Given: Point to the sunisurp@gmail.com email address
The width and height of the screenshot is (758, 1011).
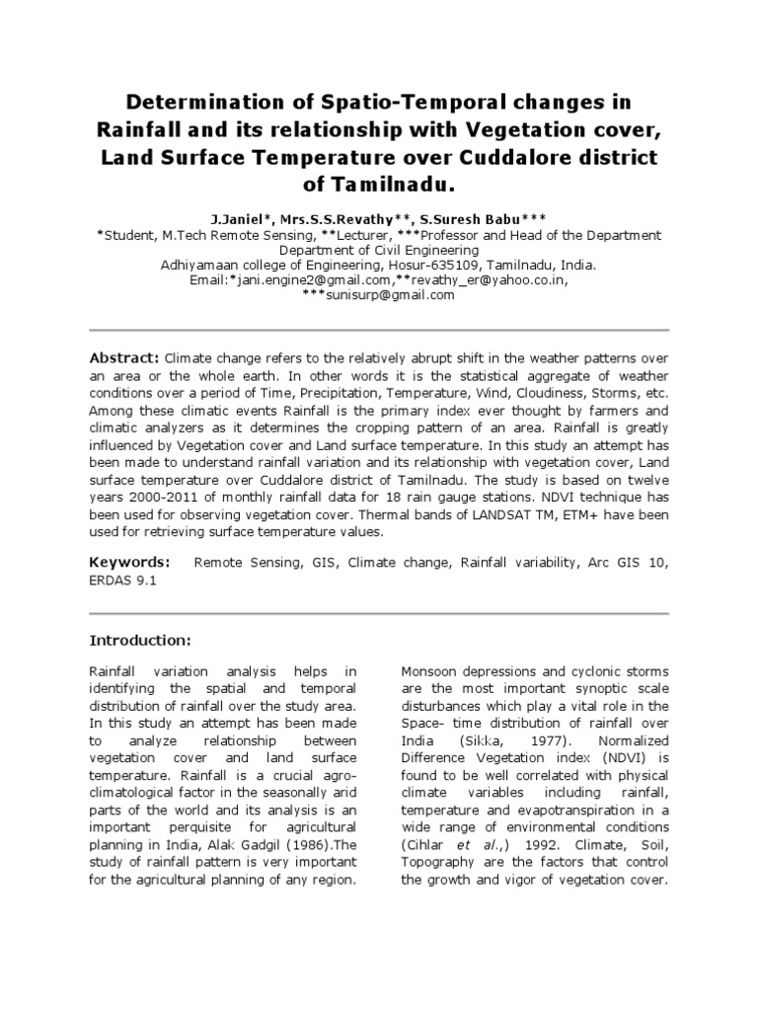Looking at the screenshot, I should pos(379,296).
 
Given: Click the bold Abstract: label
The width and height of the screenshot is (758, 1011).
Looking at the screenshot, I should pos(124,356).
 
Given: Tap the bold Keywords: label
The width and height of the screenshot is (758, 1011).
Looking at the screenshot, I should pos(129,563).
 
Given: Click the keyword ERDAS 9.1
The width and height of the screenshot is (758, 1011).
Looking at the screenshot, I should pos(122,582).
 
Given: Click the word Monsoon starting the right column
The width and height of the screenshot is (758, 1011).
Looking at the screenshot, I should pos(430,670).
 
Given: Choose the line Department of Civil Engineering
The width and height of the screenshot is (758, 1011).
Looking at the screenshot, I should pos(378,250).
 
